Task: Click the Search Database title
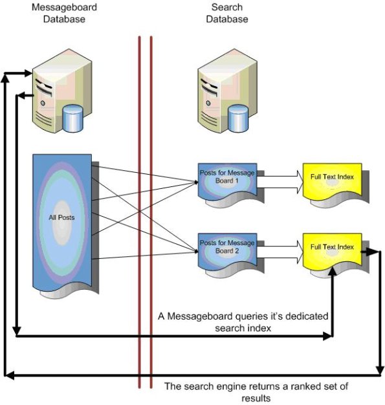coord(227,13)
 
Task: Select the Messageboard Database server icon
coord(59,87)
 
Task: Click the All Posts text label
coord(61,217)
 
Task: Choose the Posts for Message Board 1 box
coord(228,179)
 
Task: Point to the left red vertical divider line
coord(140,213)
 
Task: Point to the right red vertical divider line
coord(151,213)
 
